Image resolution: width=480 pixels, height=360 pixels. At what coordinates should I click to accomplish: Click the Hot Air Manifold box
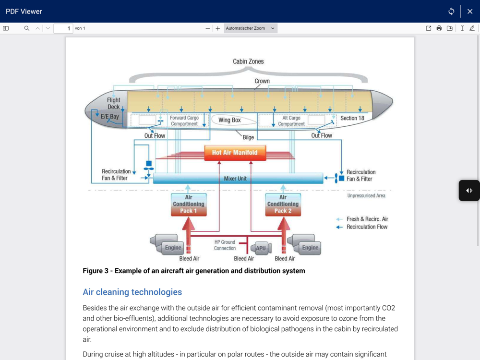(235, 153)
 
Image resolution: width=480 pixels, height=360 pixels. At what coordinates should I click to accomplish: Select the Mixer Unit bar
(235, 179)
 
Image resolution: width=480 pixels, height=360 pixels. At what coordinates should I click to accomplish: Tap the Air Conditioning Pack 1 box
(189, 204)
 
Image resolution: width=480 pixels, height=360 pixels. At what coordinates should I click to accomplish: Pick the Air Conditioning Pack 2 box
(283, 204)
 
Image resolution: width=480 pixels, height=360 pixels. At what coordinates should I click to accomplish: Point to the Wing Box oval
(229, 120)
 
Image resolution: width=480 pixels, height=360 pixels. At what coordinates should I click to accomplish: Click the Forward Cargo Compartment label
(184, 120)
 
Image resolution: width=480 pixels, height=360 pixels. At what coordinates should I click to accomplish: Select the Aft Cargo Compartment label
(291, 120)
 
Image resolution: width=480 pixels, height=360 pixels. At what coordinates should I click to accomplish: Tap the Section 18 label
(352, 118)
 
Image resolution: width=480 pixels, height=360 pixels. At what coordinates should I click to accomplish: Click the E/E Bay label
(110, 117)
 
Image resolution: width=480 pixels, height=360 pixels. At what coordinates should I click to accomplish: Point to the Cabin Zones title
(248, 61)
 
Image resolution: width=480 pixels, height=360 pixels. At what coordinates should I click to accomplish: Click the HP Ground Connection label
(225, 245)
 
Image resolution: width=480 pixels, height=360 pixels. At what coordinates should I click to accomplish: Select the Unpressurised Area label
(366, 196)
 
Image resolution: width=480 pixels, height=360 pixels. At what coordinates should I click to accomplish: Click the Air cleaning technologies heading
(132, 292)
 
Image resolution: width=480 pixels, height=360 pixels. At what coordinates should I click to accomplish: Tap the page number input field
(63, 28)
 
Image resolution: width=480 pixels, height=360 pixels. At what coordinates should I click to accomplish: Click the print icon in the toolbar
(439, 28)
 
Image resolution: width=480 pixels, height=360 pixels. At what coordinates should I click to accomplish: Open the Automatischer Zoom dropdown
(250, 28)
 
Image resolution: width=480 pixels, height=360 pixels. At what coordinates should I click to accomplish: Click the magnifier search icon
(27, 28)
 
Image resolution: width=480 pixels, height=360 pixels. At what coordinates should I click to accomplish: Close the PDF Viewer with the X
(470, 12)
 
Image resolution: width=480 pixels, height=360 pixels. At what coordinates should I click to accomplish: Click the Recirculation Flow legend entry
(367, 227)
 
